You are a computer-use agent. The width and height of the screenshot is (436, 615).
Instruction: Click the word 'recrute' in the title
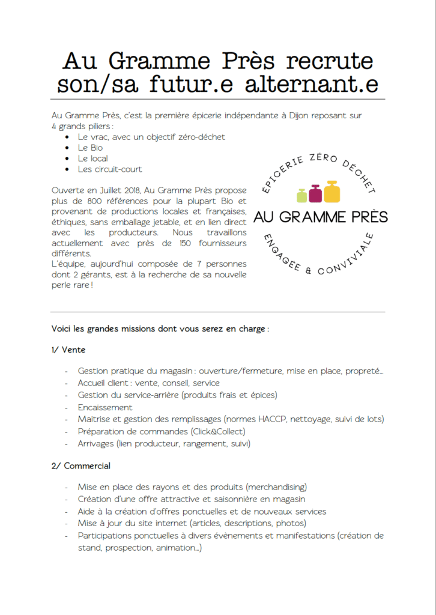coord(330,61)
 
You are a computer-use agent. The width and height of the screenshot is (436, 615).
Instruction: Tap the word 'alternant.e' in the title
coord(312,85)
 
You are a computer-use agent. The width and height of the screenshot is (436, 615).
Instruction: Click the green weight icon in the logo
coord(303,195)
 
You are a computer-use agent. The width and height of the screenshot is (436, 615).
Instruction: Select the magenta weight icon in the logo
coord(316,193)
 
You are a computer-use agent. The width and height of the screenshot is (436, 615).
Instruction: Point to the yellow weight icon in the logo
coord(332,192)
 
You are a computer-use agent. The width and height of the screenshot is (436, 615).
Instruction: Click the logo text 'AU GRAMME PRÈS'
coord(321,216)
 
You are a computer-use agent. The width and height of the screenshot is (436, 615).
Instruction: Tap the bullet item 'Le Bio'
coord(90,148)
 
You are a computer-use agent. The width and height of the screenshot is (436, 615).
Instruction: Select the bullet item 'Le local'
coord(92,159)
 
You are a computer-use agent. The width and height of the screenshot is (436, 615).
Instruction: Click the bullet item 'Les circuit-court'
coord(109,169)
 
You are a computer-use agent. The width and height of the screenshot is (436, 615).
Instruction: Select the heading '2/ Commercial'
coord(81,465)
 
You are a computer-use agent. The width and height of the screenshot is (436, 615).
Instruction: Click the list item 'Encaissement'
coord(105,407)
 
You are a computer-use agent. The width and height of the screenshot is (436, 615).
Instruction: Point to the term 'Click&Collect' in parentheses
coord(218,431)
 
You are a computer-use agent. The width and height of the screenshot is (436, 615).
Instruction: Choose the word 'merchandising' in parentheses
coord(277,487)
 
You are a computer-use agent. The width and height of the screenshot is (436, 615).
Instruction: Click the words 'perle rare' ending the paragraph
coord(70,285)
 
